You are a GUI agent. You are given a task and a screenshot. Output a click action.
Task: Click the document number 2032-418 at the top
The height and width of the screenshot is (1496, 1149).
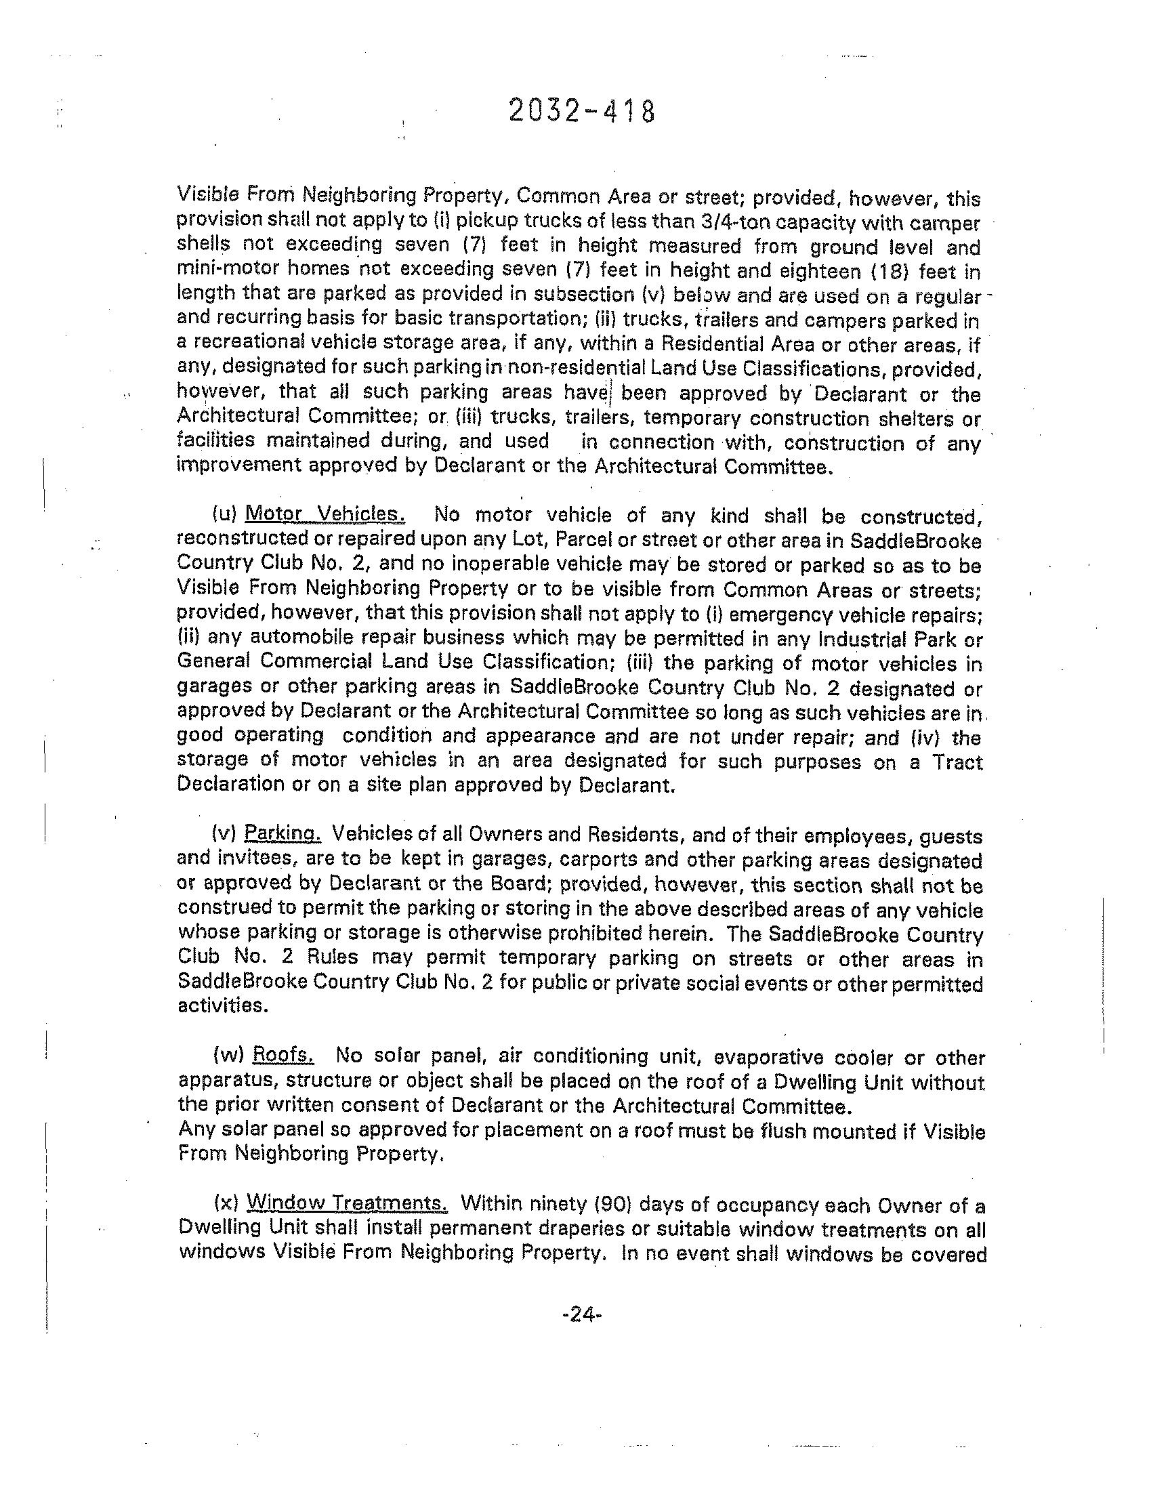(582, 111)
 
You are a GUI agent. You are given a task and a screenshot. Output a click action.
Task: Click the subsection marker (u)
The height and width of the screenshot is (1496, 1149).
(225, 513)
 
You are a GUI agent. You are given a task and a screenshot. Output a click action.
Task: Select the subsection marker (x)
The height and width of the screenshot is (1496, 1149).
(226, 1203)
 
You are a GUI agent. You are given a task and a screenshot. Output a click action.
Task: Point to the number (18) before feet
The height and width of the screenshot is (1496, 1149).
(889, 272)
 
